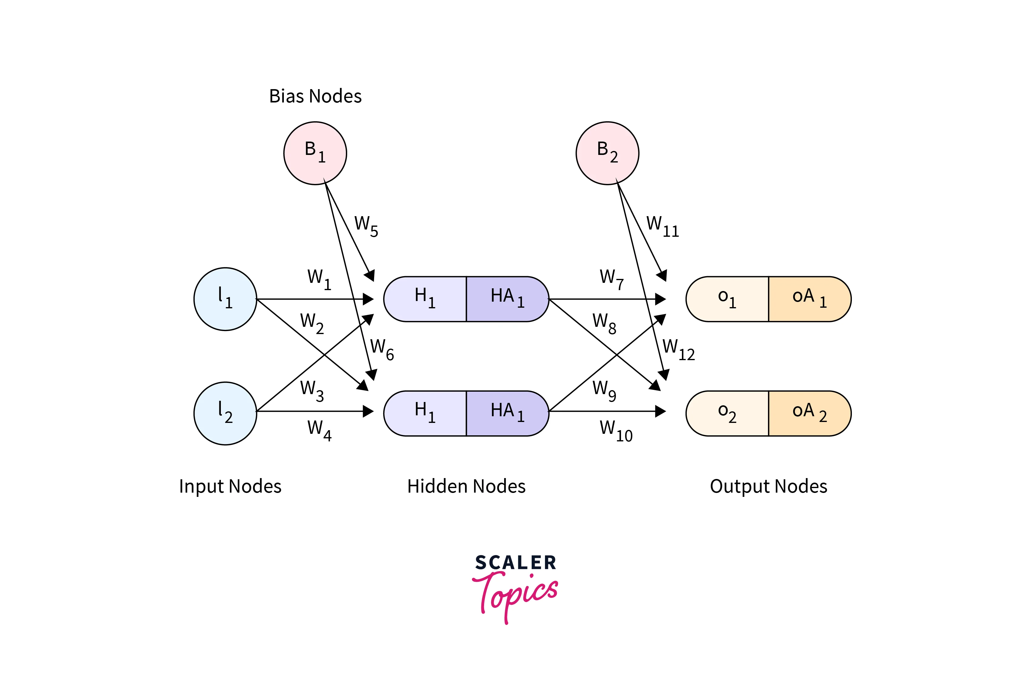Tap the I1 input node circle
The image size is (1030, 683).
click(x=225, y=299)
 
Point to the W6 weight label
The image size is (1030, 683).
click(x=382, y=349)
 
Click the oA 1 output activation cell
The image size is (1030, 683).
click(x=809, y=299)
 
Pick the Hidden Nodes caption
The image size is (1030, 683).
click(x=466, y=486)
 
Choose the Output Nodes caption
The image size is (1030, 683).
click(x=768, y=486)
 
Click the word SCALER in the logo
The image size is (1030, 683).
click(x=515, y=562)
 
